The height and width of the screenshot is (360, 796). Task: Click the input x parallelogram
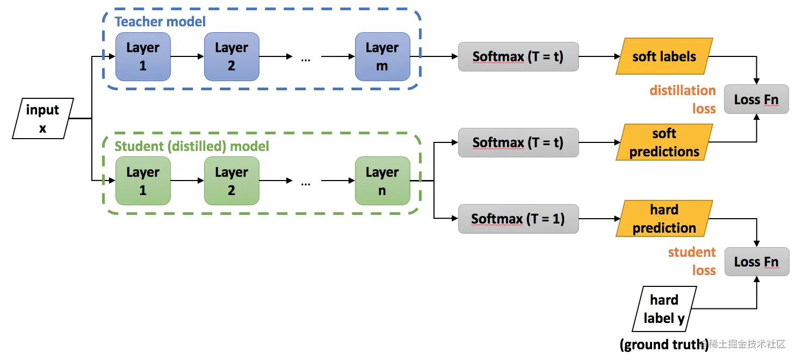tap(43, 119)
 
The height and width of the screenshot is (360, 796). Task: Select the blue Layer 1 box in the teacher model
tap(143, 56)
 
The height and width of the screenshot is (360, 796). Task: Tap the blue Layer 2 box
tap(231, 56)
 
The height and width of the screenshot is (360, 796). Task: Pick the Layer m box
tap(382, 56)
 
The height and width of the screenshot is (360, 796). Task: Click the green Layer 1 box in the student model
tap(143, 181)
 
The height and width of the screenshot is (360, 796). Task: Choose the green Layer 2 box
tap(231, 181)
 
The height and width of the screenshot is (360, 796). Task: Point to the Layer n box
tap(382, 181)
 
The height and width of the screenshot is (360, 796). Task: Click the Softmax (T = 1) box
tap(518, 219)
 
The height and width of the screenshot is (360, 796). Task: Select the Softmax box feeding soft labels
tap(518, 56)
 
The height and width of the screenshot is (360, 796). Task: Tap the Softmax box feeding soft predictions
tap(518, 142)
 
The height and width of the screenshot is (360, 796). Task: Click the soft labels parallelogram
tap(664, 56)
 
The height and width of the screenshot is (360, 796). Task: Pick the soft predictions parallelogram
tap(664, 142)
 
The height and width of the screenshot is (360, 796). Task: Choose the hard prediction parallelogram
tap(664, 219)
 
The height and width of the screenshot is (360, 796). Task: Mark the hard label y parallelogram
tap(664, 309)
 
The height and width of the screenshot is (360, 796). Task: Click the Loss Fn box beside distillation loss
tap(756, 99)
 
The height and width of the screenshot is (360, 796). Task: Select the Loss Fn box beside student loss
tap(756, 262)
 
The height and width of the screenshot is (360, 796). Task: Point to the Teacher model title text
tap(160, 22)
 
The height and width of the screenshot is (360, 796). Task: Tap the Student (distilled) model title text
tap(192, 146)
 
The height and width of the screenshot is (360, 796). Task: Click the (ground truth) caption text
tap(664, 344)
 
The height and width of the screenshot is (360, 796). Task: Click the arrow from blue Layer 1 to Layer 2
tap(187, 56)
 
